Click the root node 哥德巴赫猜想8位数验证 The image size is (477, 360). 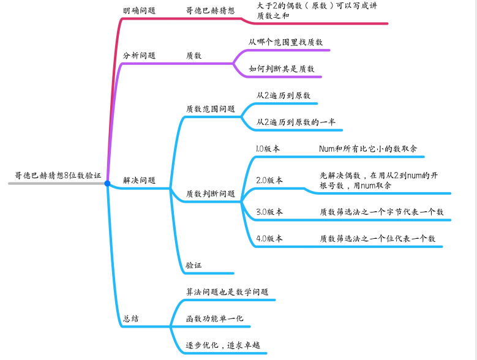(58, 175)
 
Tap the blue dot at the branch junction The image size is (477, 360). (107, 183)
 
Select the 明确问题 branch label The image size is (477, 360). (139, 10)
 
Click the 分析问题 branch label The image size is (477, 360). (139, 55)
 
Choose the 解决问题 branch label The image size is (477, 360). (139, 181)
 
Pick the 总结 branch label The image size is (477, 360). (130, 318)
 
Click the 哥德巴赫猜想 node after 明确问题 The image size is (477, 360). (210, 10)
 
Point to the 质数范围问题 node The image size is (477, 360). (210, 109)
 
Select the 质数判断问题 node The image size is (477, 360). (210, 194)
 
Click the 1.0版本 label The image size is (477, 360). (268, 149)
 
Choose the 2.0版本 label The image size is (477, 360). (269, 181)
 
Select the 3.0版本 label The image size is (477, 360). (269, 212)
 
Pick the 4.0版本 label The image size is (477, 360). (269, 239)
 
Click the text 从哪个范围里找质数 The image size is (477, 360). (285, 42)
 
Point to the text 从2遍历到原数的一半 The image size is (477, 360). (296, 122)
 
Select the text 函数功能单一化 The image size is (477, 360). (214, 319)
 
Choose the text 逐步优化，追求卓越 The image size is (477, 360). (223, 345)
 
